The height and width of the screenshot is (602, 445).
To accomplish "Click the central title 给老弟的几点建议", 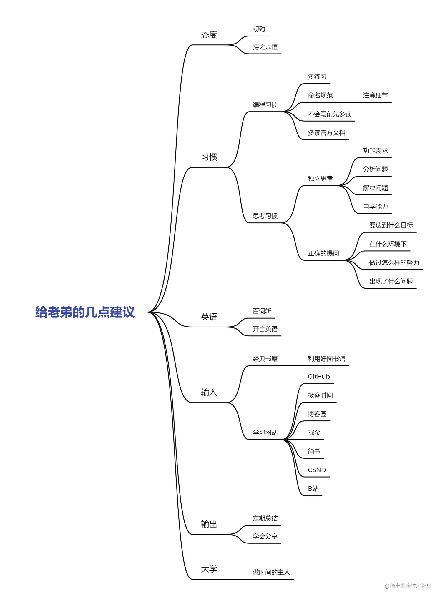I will [x=85, y=312].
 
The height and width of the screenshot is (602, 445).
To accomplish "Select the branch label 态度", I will [x=209, y=35].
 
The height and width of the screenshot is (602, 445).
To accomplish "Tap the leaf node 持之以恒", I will [x=265, y=47].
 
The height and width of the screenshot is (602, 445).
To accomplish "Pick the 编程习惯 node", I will [x=265, y=105].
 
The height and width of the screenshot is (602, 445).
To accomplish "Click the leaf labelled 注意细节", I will [x=375, y=95].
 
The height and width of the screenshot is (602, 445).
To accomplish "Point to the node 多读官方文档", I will [x=326, y=133].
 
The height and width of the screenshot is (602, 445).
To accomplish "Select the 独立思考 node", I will [x=320, y=179].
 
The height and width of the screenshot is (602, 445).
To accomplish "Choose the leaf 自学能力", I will [x=375, y=207].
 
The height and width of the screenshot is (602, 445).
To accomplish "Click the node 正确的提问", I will [x=323, y=253].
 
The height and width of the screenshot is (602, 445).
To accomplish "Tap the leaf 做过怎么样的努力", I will [x=394, y=263].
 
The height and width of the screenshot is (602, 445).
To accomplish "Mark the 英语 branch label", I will [x=209, y=317].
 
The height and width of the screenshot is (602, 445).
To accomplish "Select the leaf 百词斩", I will [x=262, y=311].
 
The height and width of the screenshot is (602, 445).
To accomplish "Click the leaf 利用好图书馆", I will [x=326, y=359].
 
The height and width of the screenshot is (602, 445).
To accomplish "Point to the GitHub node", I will [x=319, y=377].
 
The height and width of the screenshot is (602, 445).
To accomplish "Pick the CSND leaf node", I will [x=317, y=470].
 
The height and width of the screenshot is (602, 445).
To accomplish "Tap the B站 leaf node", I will [x=313, y=489].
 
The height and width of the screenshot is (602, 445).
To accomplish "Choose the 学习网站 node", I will [x=265, y=433].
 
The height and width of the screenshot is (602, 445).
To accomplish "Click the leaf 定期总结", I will [x=265, y=518].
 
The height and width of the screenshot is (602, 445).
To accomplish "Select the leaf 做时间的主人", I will [x=271, y=572].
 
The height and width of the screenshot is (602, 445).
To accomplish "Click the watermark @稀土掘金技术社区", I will [x=408, y=586].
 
